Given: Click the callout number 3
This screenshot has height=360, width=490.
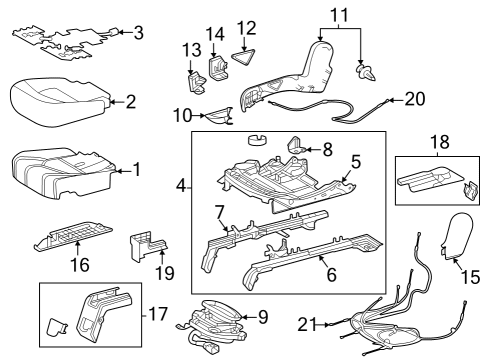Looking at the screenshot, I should (x=138, y=33).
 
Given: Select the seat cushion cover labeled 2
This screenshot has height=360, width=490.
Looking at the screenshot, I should (x=55, y=97).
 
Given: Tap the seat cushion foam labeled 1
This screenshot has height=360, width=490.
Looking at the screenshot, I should (x=60, y=170).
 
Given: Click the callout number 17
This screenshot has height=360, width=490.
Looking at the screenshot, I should (x=156, y=313).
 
